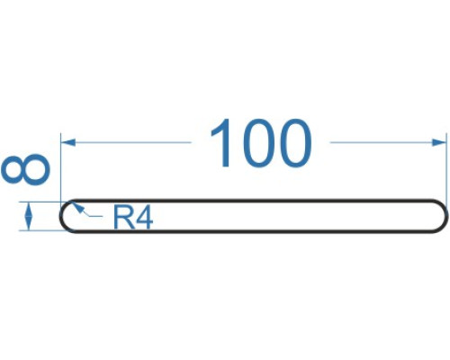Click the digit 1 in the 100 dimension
coord(222,143)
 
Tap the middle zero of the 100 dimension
coord(258,143)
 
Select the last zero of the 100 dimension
coord(295,143)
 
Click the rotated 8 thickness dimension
coord(25,169)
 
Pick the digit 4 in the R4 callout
coord(144,218)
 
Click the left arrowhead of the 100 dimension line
coord(68,142)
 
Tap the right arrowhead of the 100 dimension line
coord(439,142)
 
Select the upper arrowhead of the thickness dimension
coord(29,210)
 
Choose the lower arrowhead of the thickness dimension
coord(29,223)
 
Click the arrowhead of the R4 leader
coord(77,208)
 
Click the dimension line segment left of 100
coord(126,142)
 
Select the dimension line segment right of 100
coord(388,142)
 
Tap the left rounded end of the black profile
coord(61,216)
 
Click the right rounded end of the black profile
coord(447,216)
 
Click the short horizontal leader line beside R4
coord(96,216)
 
